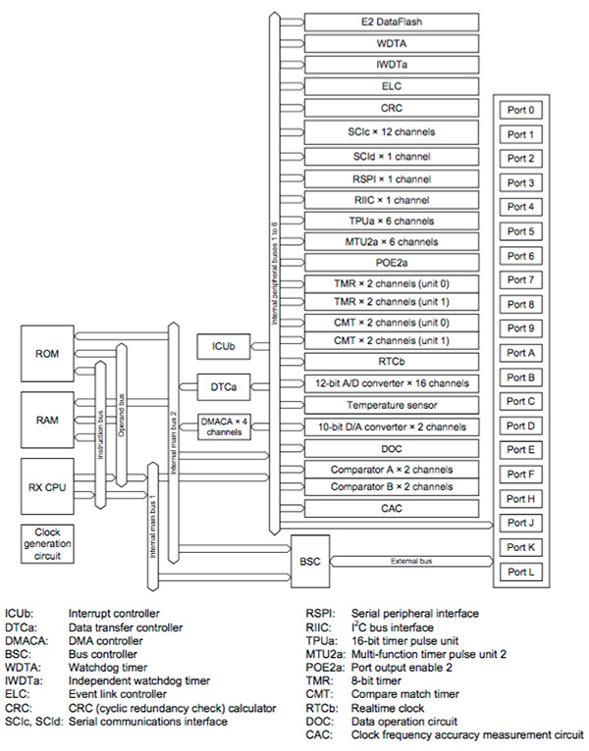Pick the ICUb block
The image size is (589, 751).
[223, 345]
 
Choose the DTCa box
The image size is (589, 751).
[223, 388]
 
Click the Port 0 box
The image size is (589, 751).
[520, 111]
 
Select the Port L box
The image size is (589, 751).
[520, 570]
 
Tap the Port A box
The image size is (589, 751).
[520, 353]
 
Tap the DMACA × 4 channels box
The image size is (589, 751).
[223, 426]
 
